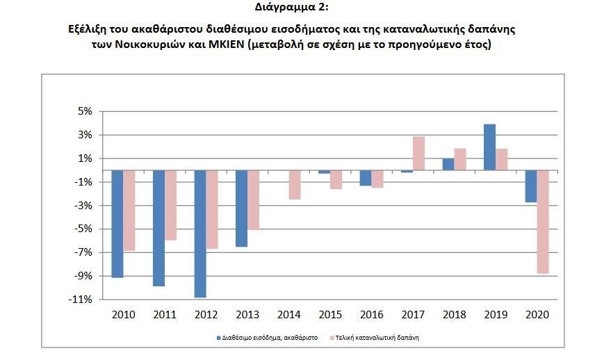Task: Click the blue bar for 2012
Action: (200, 234)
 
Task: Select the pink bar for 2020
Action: (544, 222)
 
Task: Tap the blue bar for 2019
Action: (489, 147)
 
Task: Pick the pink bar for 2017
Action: (418, 154)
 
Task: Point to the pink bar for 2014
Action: (295, 185)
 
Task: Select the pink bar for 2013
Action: (254, 199)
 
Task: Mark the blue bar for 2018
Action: (448, 165)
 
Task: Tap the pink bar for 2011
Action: (171, 205)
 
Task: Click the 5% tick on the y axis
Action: (84, 111)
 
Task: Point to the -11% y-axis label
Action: (81, 300)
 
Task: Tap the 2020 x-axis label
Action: (537, 315)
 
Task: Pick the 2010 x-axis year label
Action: (123, 315)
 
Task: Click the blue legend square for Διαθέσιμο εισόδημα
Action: (218, 337)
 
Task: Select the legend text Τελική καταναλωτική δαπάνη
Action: (378, 337)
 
